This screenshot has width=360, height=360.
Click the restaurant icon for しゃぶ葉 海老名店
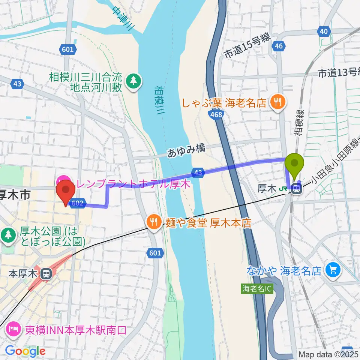click(278, 102)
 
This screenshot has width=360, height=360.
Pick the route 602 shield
click(76, 203)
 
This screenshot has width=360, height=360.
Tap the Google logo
click(25, 351)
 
